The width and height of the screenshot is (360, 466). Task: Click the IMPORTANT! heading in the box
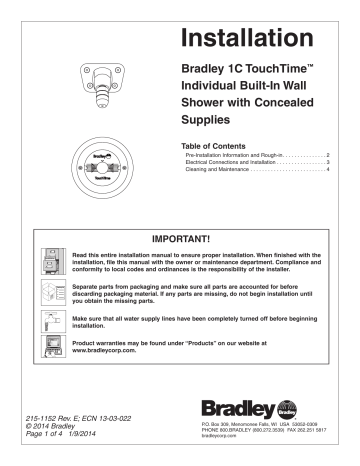coord(180,241)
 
